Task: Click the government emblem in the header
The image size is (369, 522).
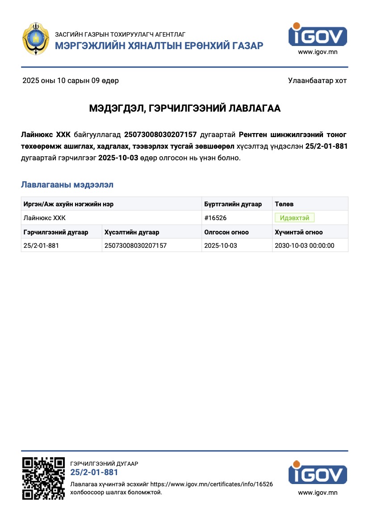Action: point(36,40)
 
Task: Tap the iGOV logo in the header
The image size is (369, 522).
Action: point(318,34)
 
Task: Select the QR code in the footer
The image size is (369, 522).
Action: point(44,478)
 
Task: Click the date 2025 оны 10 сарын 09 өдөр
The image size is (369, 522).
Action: point(71,81)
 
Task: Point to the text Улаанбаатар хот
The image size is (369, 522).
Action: point(317,81)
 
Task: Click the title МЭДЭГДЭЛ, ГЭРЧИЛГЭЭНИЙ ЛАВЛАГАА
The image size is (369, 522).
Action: point(184,109)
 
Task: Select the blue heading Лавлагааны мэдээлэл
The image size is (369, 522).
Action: point(67,184)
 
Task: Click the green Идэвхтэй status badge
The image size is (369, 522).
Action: point(295,218)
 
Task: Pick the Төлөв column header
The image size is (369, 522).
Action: point(284,204)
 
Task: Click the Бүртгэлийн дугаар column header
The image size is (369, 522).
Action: point(233,204)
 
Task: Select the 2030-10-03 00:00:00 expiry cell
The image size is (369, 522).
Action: point(304,246)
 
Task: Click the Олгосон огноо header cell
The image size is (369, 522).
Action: point(226,232)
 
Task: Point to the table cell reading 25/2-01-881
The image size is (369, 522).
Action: point(41,246)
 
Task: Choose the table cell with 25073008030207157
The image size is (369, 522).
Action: point(135,246)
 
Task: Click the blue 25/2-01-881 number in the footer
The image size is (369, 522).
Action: point(94,472)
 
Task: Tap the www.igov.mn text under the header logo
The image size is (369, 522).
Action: point(318,52)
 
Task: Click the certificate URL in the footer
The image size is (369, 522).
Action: point(211,484)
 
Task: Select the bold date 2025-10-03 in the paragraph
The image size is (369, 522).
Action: point(118,158)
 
